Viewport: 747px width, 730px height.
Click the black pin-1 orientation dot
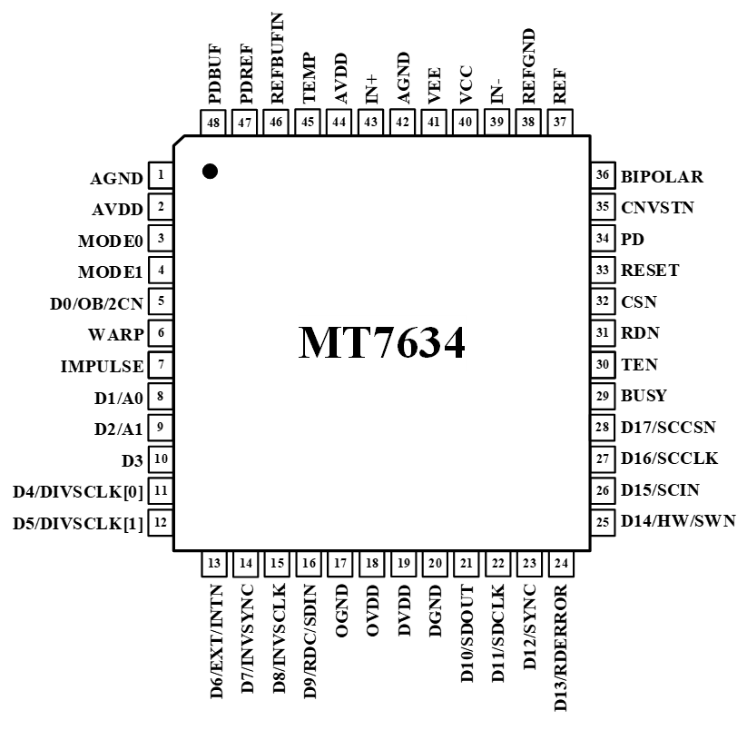(x=210, y=171)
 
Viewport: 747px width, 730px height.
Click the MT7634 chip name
(x=382, y=343)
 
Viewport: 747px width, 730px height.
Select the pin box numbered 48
(x=214, y=123)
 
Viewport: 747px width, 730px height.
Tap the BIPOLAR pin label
(x=662, y=177)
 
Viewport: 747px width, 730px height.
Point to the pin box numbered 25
(x=603, y=521)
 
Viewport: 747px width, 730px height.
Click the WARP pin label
(x=116, y=334)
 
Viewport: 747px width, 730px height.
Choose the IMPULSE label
(x=102, y=367)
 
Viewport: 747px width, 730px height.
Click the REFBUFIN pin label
(x=278, y=56)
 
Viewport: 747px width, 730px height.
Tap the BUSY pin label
(x=644, y=396)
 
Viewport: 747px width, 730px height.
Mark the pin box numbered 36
(x=603, y=176)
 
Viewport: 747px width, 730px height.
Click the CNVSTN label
(x=657, y=208)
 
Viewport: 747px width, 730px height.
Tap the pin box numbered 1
(x=161, y=176)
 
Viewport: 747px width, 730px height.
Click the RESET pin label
(x=650, y=271)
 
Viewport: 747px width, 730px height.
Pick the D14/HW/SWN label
(x=678, y=521)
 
